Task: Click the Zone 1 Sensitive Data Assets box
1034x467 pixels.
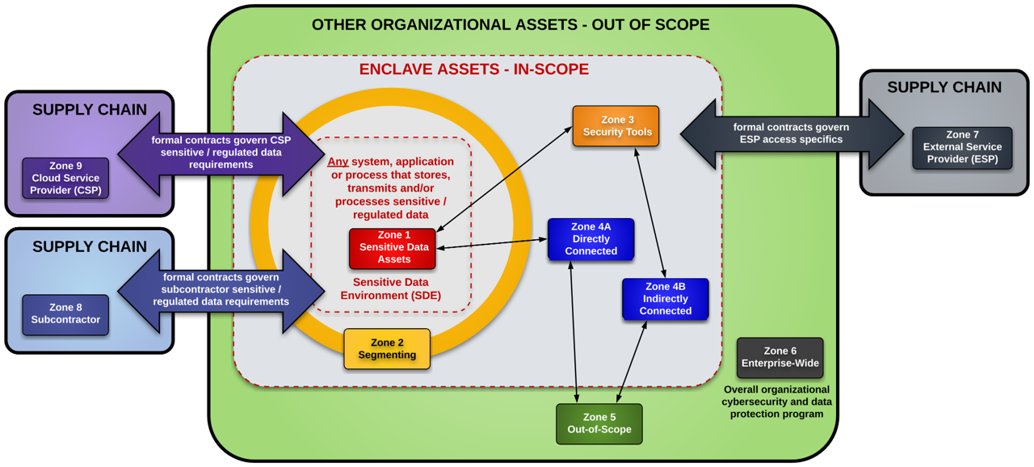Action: click(393, 248)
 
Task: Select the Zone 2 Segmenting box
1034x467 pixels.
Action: click(387, 349)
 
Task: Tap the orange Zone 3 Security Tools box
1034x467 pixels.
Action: click(616, 126)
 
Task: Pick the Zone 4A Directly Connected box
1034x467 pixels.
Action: click(591, 239)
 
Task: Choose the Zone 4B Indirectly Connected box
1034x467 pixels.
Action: click(665, 299)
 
